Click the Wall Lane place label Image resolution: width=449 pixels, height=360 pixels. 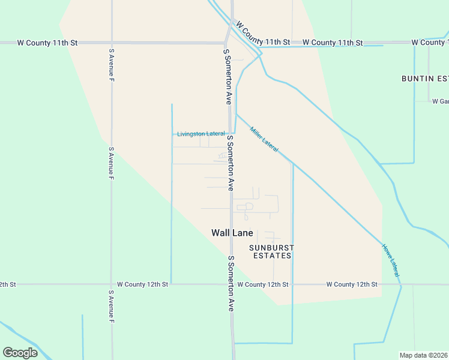[232, 233]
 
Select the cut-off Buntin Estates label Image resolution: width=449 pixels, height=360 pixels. [425, 79]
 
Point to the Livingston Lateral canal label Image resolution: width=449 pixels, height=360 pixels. [201, 134]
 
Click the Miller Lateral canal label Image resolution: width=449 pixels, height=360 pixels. [264, 139]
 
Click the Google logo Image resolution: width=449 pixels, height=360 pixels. [20, 353]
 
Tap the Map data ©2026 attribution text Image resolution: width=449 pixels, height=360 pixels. [424, 355]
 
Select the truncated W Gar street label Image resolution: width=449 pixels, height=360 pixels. [440, 101]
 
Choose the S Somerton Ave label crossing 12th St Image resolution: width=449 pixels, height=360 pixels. [231, 283]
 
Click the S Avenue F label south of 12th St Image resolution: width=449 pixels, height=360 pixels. [111, 308]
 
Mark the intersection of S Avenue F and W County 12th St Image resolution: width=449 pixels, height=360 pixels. [112, 284]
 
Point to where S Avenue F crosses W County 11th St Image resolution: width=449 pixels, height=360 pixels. [112, 43]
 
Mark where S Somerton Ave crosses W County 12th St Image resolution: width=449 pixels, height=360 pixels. [232, 284]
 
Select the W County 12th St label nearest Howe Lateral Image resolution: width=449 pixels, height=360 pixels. [352, 284]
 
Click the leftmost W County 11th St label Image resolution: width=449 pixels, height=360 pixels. [47, 43]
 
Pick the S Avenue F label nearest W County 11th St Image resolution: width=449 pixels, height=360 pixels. [111, 65]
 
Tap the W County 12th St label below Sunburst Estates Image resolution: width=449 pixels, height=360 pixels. [263, 284]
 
